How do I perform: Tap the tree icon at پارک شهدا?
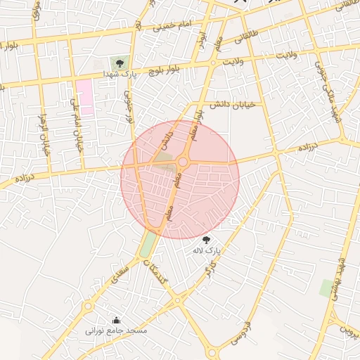(x=118, y=63)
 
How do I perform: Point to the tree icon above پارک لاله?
(x=206, y=240)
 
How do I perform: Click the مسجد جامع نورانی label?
(x=116, y=330)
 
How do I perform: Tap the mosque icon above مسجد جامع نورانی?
(x=116, y=320)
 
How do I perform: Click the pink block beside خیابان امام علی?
(x=85, y=97)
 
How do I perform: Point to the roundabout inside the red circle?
(x=183, y=162)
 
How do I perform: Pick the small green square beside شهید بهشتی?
(x=326, y=287)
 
